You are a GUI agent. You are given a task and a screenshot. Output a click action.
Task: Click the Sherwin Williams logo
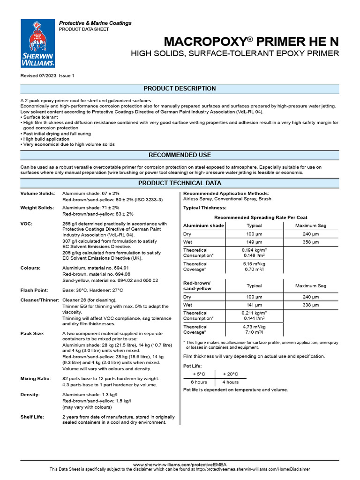[x=38, y=44]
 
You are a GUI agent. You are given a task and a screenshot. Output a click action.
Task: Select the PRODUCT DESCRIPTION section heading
[x=180, y=89]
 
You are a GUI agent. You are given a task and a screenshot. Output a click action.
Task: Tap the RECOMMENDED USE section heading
[x=180, y=155]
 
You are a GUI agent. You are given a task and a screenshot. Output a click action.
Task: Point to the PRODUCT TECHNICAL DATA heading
[x=180, y=183]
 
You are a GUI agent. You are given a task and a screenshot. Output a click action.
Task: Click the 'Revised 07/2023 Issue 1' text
[x=47, y=75]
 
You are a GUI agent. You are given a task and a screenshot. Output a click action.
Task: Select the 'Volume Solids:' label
[x=37, y=194]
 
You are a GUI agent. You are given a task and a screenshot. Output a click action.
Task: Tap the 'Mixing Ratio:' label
[x=37, y=378]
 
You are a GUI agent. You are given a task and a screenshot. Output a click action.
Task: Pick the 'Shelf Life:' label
[x=32, y=417]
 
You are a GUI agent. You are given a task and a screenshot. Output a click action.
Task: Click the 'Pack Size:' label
[x=32, y=334]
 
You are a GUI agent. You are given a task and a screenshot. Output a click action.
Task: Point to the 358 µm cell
[x=310, y=242]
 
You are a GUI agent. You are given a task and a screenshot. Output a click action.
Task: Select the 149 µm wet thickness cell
[x=254, y=242]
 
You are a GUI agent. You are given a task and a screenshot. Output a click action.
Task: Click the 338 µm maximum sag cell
[x=310, y=305]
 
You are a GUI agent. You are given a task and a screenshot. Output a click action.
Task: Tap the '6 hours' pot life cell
[x=199, y=382]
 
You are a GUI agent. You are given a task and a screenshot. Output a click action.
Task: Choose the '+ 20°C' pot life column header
[x=230, y=374]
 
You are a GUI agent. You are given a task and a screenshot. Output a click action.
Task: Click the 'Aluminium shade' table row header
[x=203, y=225]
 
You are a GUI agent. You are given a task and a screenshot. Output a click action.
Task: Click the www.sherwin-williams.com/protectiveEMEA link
[x=180, y=464]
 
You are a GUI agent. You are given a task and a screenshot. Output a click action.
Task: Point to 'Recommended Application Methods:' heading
[x=226, y=193]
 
